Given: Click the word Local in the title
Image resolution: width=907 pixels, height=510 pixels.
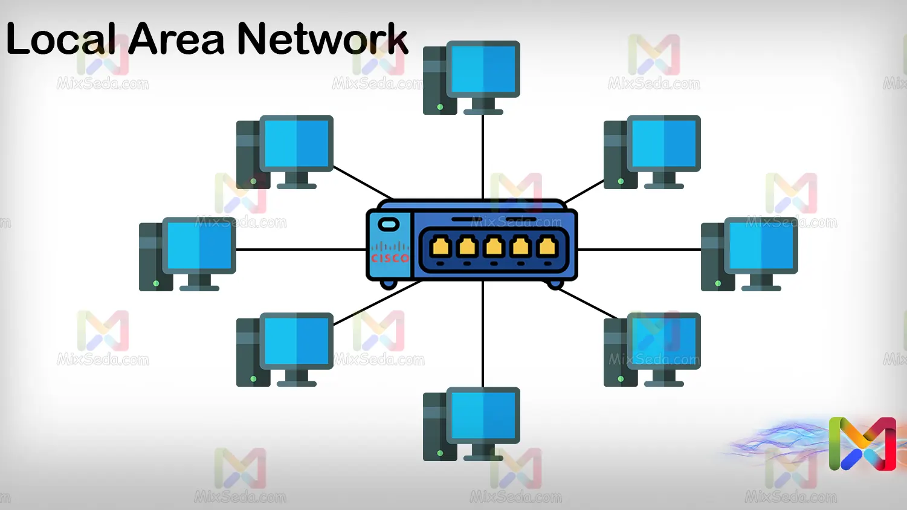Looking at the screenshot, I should click(60, 40).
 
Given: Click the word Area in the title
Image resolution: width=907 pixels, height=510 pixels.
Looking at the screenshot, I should click(176, 40).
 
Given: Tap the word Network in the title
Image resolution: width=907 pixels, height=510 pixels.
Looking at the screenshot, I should click(322, 40).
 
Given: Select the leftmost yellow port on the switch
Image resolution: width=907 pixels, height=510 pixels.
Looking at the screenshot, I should click(441, 247).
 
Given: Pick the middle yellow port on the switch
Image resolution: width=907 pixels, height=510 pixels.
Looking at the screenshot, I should click(494, 247).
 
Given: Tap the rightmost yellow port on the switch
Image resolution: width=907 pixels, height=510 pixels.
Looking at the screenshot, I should click(547, 247).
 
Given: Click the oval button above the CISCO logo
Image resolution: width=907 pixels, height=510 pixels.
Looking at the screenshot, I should click(388, 225).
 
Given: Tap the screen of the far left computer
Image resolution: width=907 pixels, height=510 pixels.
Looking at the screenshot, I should click(199, 245).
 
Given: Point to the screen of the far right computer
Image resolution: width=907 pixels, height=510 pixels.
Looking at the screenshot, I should click(761, 245).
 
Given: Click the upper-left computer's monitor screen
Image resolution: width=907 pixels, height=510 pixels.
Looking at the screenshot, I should click(297, 143).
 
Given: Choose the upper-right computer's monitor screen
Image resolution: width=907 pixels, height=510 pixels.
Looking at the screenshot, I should click(664, 143).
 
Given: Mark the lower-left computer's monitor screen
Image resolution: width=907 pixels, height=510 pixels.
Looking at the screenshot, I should click(297, 341).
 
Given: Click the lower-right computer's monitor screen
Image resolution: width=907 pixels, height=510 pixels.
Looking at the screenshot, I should click(664, 341).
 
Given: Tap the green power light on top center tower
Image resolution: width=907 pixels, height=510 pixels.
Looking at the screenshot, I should click(440, 107).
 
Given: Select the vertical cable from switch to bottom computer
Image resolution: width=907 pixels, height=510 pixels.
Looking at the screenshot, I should click(483, 332).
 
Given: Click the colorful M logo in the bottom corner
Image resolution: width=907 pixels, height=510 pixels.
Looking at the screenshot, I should click(862, 444).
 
